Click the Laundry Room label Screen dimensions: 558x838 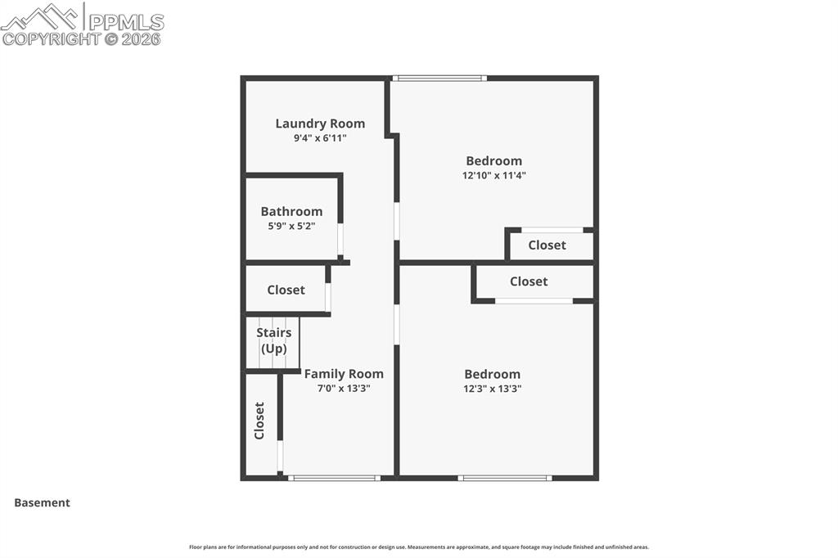pyautogui.click(x=320, y=124)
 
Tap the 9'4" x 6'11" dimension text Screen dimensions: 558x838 pyautogui.click(x=320, y=138)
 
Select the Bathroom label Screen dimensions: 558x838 pyautogui.click(x=291, y=211)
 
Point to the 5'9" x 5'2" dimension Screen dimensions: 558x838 pyautogui.click(x=291, y=225)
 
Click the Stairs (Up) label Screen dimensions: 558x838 pyautogui.click(x=273, y=340)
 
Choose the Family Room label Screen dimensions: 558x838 pyautogui.click(x=344, y=374)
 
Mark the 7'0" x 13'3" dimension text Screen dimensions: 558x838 pyautogui.click(x=344, y=389)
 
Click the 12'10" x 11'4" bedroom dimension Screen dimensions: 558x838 pyautogui.click(x=493, y=175)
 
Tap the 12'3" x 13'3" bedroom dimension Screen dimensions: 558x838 pyautogui.click(x=492, y=389)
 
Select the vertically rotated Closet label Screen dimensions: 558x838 pyautogui.click(x=259, y=421)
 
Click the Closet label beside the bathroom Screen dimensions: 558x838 pyautogui.click(x=286, y=290)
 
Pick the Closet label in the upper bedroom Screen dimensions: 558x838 pyautogui.click(x=547, y=245)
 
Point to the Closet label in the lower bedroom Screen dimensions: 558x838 pyautogui.click(x=529, y=281)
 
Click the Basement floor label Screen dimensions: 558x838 pyautogui.click(x=42, y=503)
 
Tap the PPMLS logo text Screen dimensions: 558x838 pyautogui.click(x=126, y=21)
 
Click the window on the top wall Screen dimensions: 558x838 pyautogui.click(x=439, y=79)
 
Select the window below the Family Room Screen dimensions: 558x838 pyautogui.click(x=334, y=478)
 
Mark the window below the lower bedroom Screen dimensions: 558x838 pyautogui.click(x=505, y=478)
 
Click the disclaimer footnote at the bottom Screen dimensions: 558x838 pyautogui.click(x=418, y=547)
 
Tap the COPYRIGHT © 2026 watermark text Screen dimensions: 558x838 pyautogui.click(x=82, y=38)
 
